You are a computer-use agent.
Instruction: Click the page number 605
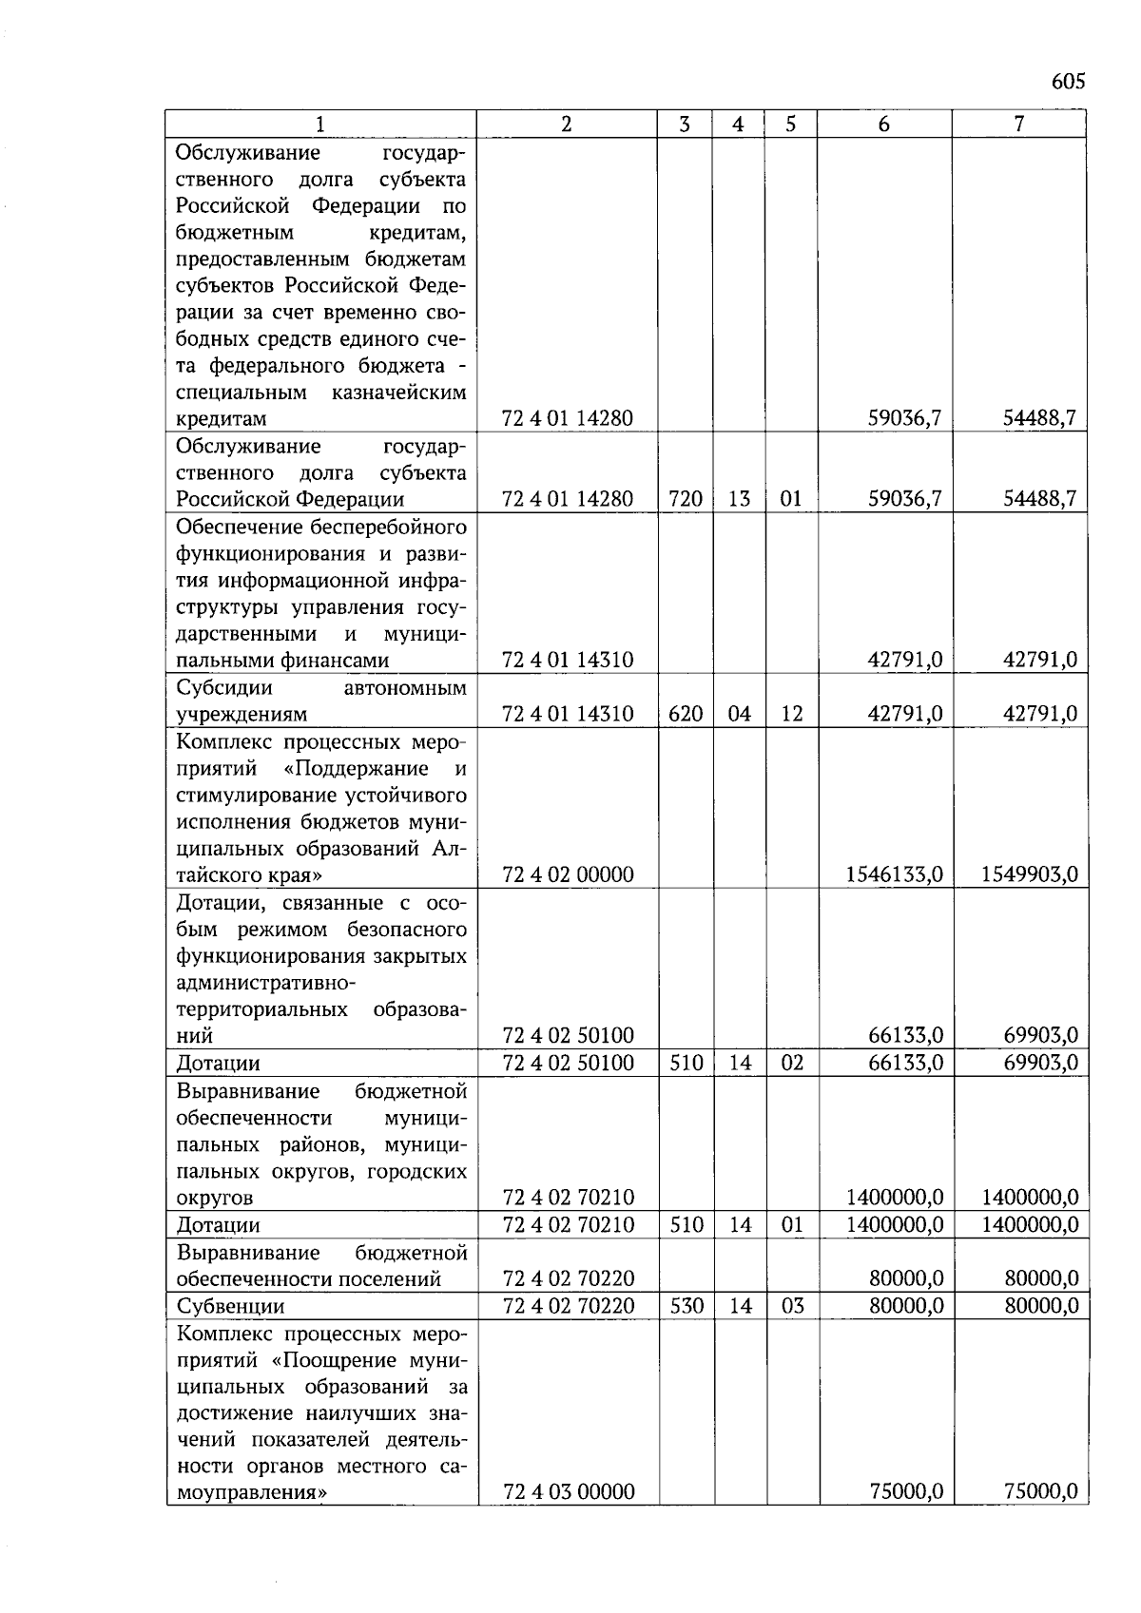pyautogui.click(x=1068, y=82)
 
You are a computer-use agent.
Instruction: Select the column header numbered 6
pyautogui.click(x=884, y=125)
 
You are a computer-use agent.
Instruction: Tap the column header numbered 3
pyautogui.click(x=685, y=125)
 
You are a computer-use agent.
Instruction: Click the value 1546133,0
pyautogui.click(x=894, y=874)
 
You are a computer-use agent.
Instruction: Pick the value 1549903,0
pyautogui.click(x=1029, y=874)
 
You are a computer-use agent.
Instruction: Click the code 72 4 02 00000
pyautogui.click(x=568, y=874)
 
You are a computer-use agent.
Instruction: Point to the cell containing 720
pyautogui.click(x=685, y=499)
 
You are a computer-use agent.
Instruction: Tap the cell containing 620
pyautogui.click(x=685, y=714)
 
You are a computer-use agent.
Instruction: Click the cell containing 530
pyautogui.click(x=685, y=1306)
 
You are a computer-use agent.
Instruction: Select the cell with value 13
pyautogui.click(x=739, y=499)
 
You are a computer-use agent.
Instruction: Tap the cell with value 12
pyautogui.click(x=791, y=714)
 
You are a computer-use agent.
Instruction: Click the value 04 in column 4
pyautogui.click(x=739, y=714)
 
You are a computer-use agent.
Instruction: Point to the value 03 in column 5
pyautogui.click(x=791, y=1306)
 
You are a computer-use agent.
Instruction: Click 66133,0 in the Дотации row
pyautogui.click(x=905, y=1063)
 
